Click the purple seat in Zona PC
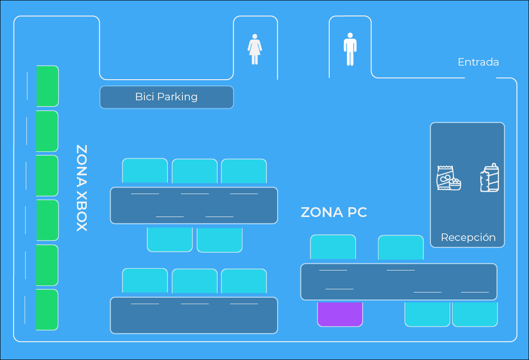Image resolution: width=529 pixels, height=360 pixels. coord(340,314)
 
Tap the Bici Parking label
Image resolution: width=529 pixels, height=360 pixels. coord(166,97)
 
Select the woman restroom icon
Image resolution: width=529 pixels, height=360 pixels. coord(255,49)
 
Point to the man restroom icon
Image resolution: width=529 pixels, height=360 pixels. coord(350,49)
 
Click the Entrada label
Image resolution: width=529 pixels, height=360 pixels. coord(478,62)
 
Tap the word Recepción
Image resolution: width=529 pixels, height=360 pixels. coord(468,237)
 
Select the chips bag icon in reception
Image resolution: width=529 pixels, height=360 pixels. coord(448,178)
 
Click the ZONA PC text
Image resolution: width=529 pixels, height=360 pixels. coord(333,212)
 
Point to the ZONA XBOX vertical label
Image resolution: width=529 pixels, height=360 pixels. coord(82,187)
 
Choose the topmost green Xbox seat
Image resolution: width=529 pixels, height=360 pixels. coord(47,86)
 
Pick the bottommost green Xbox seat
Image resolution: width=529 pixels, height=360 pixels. coord(47,309)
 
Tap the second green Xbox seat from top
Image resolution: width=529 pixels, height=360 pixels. coord(47,131)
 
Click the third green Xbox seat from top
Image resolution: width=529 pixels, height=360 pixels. coord(47,176)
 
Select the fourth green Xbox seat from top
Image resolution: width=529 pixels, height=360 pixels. coord(47,220)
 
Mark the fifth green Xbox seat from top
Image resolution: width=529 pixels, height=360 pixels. coord(47,265)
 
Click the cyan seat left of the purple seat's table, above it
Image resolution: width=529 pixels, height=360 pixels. coord(333,247)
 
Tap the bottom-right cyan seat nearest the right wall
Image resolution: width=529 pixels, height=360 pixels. coord(475,314)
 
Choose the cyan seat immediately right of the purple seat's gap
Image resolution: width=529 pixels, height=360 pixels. coord(427,314)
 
